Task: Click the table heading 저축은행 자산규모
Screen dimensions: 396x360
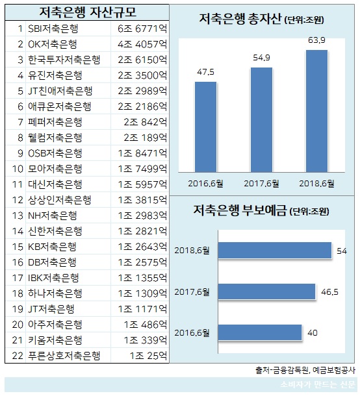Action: [84, 12]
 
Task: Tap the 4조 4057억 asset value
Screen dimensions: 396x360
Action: [143, 45]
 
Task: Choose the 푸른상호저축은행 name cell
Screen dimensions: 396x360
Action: [64, 355]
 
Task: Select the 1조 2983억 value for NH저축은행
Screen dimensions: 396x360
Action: [143, 216]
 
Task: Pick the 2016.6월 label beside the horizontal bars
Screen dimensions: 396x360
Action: [194, 332]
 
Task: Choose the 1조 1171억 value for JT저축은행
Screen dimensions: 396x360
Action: [143, 308]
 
